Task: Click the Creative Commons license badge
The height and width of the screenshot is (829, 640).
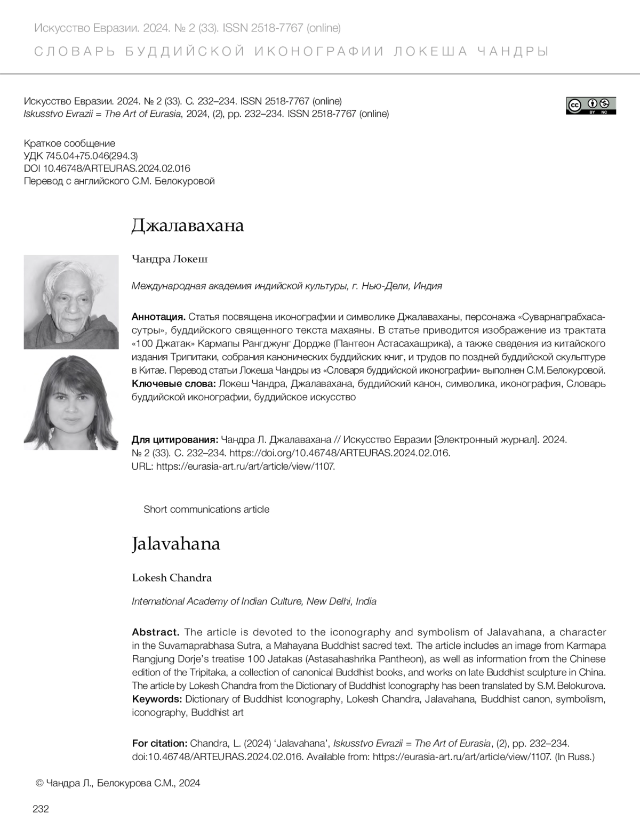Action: click(x=591, y=106)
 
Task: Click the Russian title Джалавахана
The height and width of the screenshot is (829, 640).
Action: click(x=188, y=226)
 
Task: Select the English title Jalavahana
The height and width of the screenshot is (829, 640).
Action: click(x=176, y=544)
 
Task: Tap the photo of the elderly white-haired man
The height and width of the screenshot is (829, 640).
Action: click(x=71, y=302)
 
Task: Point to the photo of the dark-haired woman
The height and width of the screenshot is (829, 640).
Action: click(x=71, y=403)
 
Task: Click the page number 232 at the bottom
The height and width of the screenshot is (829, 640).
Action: click(x=41, y=809)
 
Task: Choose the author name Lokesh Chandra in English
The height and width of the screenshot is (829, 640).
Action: click(x=172, y=578)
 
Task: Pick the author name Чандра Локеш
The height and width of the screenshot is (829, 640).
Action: click(x=170, y=259)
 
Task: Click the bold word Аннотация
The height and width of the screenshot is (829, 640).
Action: click(x=158, y=317)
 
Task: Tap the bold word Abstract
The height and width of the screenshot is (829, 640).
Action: click(x=155, y=632)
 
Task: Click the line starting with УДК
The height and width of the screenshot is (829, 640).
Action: click(x=81, y=156)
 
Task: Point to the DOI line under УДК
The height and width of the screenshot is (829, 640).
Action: click(x=107, y=168)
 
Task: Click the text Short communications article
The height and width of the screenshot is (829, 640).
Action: click(x=206, y=509)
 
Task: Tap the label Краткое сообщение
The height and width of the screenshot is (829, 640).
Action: click(x=69, y=143)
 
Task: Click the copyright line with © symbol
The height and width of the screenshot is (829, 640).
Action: click(x=117, y=783)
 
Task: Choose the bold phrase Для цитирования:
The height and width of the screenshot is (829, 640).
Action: click(x=174, y=440)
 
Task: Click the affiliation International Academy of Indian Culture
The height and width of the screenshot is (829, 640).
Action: click(x=254, y=601)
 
